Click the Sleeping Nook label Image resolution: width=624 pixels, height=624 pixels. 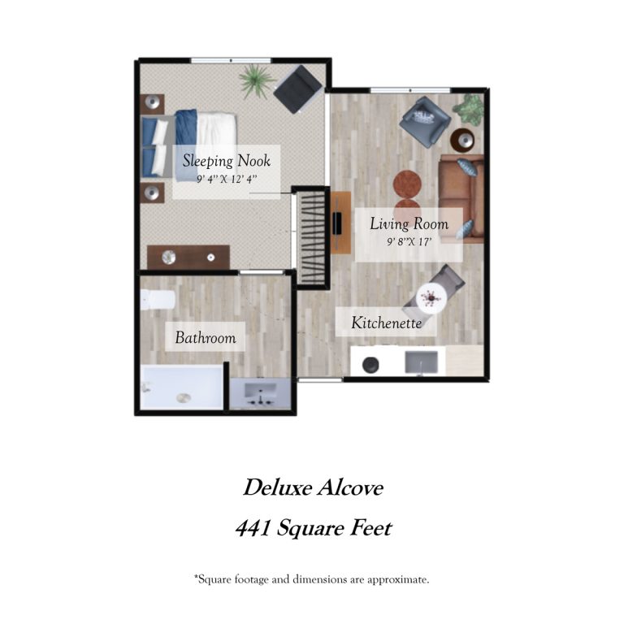pyautogui.click(x=227, y=161)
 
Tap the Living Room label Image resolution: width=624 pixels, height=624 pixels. pyautogui.click(x=409, y=223)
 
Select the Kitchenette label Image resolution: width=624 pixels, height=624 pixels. pyautogui.click(x=386, y=323)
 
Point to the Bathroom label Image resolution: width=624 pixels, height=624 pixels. pyautogui.click(x=206, y=338)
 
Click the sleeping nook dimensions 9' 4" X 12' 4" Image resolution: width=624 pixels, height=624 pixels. pyautogui.click(x=227, y=179)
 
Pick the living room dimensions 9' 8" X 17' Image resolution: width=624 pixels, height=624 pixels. pyautogui.click(x=409, y=241)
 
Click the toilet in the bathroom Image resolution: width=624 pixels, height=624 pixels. pyautogui.click(x=158, y=300)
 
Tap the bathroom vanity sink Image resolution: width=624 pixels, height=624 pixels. pyautogui.click(x=260, y=393)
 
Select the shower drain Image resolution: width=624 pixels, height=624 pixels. pyautogui.click(x=184, y=397)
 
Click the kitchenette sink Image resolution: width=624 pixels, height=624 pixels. pyautogui.click(x=421, y=362)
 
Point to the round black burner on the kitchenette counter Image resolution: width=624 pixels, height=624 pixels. pyautogui.click(x=370, y=365)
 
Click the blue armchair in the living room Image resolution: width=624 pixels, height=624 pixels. pyautogui.click(x=426, y=121)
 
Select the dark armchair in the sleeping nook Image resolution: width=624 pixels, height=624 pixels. pyautogui.click(x=297, y=89)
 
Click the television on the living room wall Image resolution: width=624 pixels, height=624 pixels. pyautogui.click(x=337, y=223)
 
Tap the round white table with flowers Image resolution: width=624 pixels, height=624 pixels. pyautogui.click(x=431, y=297)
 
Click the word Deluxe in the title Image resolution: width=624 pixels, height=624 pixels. pyautogui.click(x=278, y=487)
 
